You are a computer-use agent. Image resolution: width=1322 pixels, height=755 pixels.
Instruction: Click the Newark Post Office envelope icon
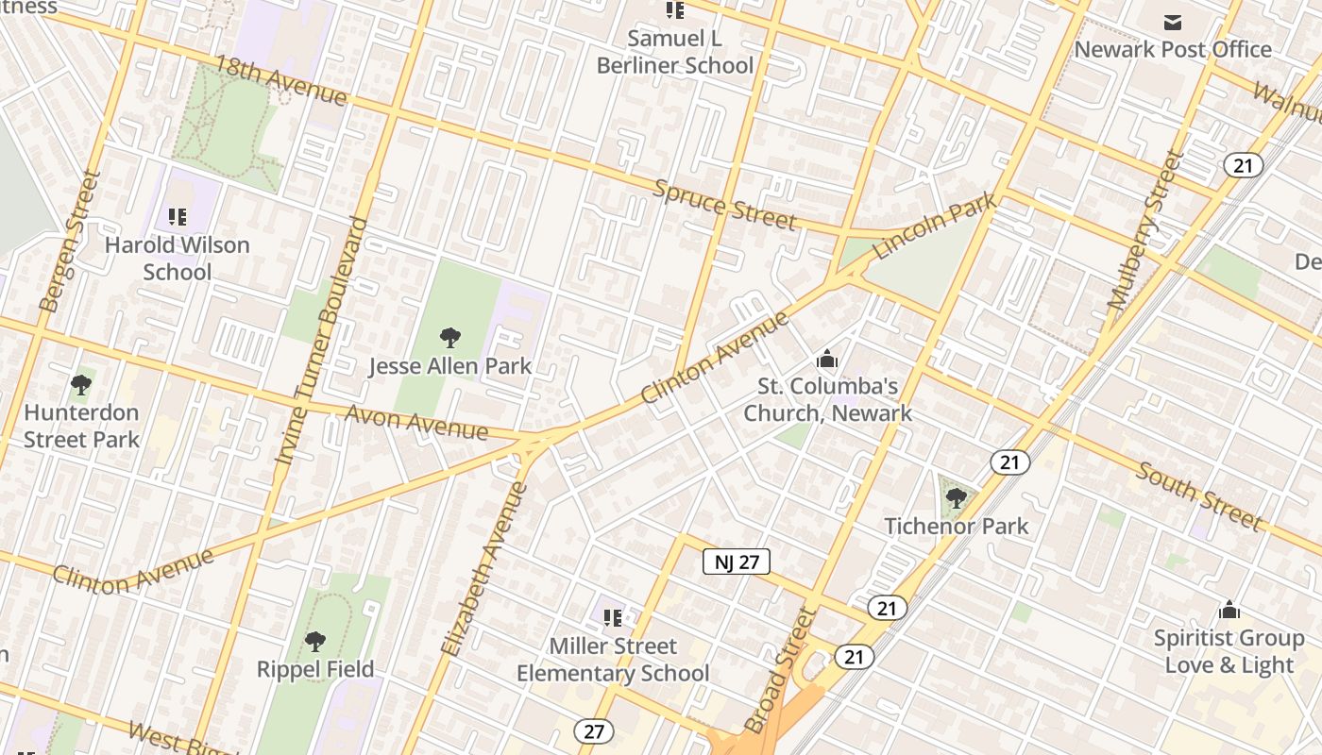pos(1173,22)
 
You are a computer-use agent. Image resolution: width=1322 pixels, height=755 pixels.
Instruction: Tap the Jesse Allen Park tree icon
pos(450,337)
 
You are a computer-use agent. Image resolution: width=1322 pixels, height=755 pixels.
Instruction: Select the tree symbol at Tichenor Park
pos(956,496)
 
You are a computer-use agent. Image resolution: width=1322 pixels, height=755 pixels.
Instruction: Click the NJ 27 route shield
pos(737,562)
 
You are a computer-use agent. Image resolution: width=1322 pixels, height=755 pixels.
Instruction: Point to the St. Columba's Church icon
pos(827,359)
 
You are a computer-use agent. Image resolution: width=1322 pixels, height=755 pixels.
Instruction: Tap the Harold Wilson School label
pos(177,259)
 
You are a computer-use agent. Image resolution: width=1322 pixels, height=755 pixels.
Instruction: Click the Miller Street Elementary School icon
pos(612,618)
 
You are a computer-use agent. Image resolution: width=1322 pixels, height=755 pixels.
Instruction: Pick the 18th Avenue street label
pos(280,80)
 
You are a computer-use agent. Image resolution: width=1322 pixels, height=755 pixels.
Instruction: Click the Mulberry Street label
pos(1144,231)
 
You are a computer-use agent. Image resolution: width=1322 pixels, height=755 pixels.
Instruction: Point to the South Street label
pos(1197,496)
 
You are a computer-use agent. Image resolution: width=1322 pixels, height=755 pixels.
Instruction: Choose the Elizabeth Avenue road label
pos(483,569)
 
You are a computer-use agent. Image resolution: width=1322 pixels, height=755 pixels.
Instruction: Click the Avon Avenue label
pos(416,422)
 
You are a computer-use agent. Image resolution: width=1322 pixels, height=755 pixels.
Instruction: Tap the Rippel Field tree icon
pos(314,642)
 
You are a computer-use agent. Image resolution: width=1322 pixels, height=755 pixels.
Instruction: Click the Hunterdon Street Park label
pos(81,426)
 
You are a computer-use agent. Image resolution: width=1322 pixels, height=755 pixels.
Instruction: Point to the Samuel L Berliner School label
pos(675,52)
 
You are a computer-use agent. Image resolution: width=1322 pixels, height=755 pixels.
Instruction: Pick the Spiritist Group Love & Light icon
pos(1229,610)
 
